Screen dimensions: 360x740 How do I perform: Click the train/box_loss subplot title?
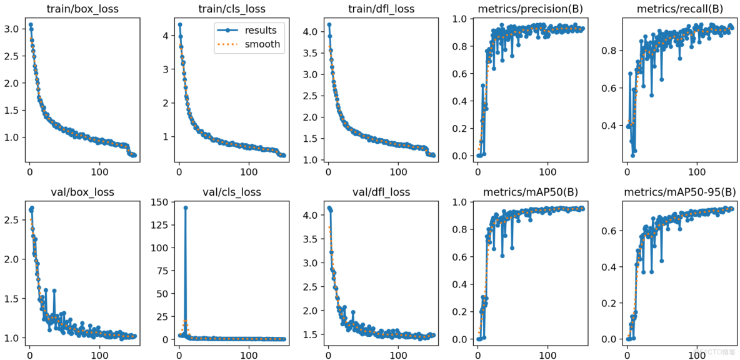click(84, 9)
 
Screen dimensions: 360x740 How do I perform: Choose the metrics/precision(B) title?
click(531, 9)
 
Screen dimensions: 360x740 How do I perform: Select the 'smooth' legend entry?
click(262, 44)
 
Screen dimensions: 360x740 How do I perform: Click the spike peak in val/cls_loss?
click(186, 207)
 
